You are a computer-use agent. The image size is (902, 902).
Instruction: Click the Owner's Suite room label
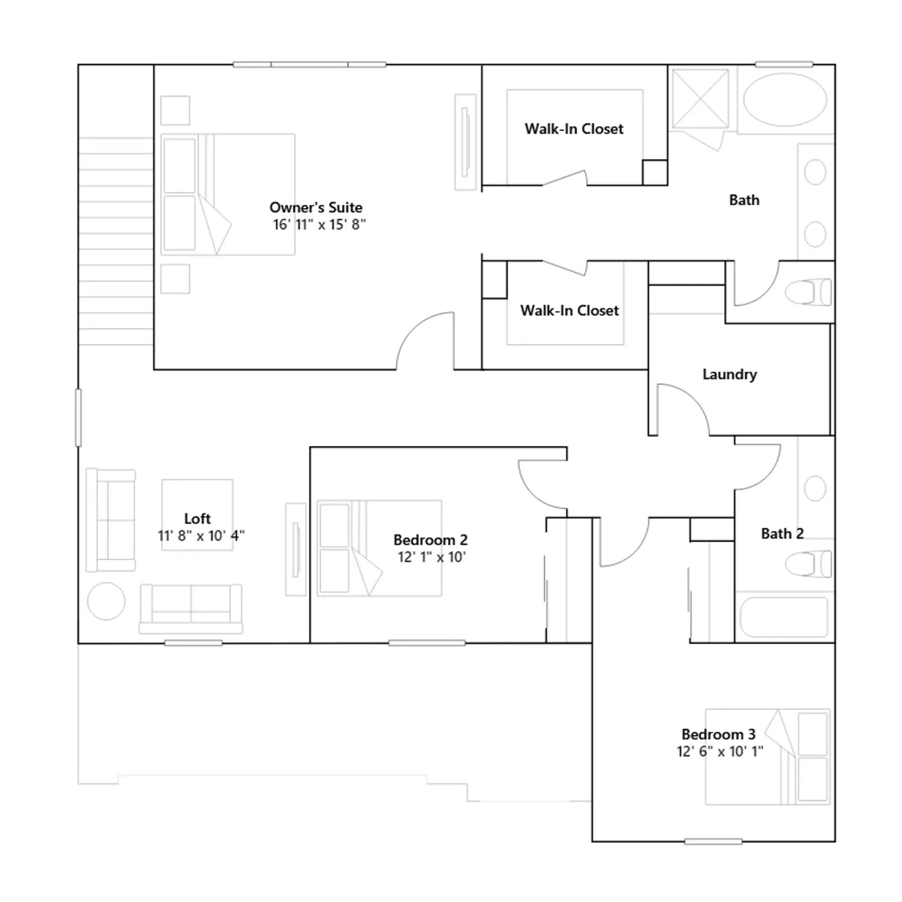click(316, 207)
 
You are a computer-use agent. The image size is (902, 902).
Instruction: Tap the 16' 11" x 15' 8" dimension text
click(319, 224)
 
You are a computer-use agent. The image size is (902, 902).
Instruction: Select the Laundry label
click(729, 374)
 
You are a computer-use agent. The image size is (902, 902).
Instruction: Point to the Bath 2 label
click(782, 533)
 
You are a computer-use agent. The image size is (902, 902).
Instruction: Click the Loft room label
click(197, 518)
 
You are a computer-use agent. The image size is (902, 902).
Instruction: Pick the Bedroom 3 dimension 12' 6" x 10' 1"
click(720, 751)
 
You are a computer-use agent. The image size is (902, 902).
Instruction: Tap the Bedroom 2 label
click(431, 540)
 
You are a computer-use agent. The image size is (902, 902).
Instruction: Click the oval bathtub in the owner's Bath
click(785, 99)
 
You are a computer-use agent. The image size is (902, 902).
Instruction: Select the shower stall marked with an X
click(700, 99)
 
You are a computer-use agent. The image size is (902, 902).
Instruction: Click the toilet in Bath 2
click(808, 564)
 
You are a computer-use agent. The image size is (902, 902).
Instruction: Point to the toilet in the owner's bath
click(808, 292)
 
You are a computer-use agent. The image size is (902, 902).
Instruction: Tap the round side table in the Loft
click(106, 601)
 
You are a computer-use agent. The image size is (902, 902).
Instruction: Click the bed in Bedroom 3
click(767, 757)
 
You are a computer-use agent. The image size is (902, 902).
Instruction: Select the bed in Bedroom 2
click(379, 548)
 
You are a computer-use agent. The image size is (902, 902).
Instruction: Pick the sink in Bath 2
click(815, 488)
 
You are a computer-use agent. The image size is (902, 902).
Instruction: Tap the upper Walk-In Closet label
click(574, 129)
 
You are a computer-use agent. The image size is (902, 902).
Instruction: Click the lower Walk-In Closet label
click(569, 311)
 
